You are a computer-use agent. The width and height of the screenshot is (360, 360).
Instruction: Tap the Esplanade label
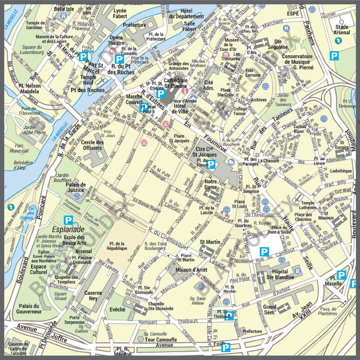pos(68,229)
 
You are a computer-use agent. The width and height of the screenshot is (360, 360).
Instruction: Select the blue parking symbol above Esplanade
pos(68,220)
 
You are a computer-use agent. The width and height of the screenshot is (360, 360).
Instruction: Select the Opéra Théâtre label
pos(119,40)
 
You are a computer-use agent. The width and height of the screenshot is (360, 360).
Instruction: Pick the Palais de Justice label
pos(75,187)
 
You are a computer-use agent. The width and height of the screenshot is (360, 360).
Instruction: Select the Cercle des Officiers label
pos(92,145)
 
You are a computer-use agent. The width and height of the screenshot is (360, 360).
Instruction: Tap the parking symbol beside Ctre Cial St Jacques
pos(211,164)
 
